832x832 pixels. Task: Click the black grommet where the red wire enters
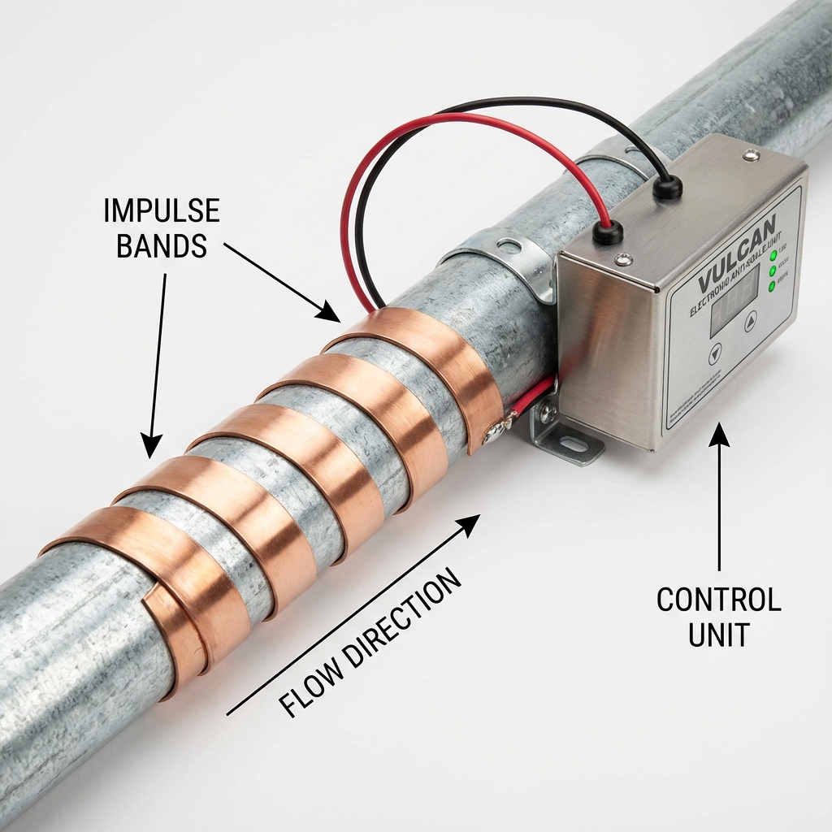607,232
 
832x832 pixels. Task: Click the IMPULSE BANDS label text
162,227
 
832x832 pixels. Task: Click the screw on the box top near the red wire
623,260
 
